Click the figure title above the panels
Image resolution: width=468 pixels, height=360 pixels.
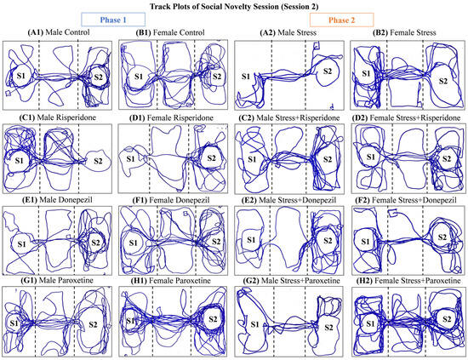[234, 6]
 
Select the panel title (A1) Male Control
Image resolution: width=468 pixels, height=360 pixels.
[59, 32]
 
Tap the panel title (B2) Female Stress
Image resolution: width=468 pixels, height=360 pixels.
[404, 32]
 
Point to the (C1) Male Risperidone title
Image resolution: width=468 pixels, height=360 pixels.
[57, 117]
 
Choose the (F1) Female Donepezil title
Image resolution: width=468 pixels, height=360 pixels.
[171, 200]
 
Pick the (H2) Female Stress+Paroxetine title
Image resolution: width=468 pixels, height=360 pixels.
[408, 281]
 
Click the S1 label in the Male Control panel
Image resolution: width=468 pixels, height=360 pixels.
[21, 76]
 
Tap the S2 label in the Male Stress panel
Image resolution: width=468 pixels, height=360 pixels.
[328, 71]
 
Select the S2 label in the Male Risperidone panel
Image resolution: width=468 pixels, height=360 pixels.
[98, 161]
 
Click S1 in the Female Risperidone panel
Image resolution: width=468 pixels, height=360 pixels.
[130, 158]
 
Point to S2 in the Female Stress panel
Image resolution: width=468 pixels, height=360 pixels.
[443, 81]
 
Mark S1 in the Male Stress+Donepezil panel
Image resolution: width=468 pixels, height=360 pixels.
[251, 240]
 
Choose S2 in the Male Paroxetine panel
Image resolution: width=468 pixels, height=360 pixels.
[93, 324]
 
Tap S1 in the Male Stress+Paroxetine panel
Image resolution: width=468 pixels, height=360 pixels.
[254, 324]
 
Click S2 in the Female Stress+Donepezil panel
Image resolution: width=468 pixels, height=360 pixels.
[442, 237]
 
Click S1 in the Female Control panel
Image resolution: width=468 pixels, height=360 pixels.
[139, 77]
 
